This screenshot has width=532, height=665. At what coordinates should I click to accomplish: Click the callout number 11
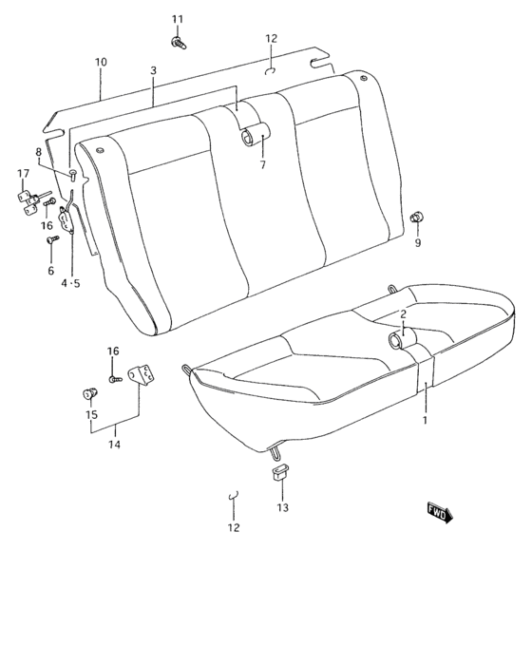tap(177, 19)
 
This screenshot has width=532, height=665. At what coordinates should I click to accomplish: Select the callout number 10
tap(101, 62)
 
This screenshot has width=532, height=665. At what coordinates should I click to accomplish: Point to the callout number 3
tap(153, 71)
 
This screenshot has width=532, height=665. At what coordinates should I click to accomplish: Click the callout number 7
tap(263, 164)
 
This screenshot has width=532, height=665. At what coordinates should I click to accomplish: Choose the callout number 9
tap(416, 242)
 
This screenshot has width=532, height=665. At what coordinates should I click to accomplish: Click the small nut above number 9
tap(415, 219)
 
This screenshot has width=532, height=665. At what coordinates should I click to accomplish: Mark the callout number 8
tap(39, 152)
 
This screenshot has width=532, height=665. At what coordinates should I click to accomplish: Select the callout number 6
tap(51, 271)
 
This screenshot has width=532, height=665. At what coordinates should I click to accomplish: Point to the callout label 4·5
tap(71, 282)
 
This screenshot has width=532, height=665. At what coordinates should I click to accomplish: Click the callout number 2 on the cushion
tap(403, 314)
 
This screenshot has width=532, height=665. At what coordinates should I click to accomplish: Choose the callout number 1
tap(426, 419)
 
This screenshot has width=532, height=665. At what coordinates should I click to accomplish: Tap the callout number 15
tap(91, 414)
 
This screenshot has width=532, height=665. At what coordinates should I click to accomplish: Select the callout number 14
tap(114, 444)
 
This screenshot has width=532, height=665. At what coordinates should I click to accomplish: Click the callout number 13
tap(281, 508)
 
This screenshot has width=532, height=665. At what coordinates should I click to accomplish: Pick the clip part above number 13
tap(280, 475)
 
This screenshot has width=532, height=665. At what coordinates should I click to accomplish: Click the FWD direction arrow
tap(440, 512)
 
